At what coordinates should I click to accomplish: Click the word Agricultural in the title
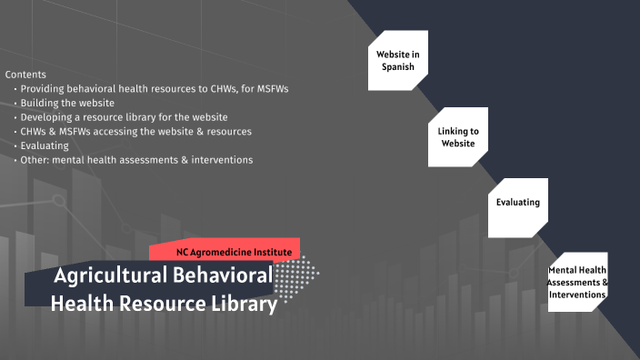pos(107,276)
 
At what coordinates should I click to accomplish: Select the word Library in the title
pos(244,305)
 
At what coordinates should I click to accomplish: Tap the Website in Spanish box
pos(397,61)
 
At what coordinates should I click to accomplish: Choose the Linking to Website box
pos(457,137)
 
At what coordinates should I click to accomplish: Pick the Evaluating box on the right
pos(518,202)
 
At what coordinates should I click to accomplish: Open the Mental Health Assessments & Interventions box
pos(577,282)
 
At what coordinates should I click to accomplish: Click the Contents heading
pos(25,74)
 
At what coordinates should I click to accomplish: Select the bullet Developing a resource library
pos(124,117)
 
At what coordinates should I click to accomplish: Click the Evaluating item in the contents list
pos(44,145)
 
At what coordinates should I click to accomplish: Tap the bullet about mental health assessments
pos(136,160)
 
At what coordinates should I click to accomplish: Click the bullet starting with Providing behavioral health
pos(155,88)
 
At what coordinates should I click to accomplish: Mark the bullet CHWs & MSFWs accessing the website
pos(135,131)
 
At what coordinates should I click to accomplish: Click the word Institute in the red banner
pos(268,250)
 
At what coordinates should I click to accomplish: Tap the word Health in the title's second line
pos(82,305)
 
